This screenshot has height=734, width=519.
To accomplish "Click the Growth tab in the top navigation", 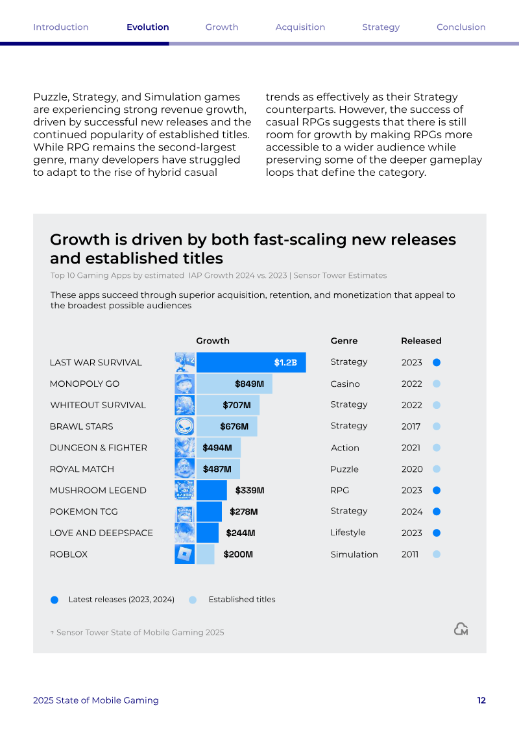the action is pos(222,27).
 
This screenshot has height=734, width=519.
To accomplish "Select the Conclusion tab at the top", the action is pos(461,27).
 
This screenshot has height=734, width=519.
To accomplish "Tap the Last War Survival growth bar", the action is pos(251,362).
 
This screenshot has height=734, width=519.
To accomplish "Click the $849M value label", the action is pos(249,384).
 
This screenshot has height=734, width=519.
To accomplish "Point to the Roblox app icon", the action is pos(184,554).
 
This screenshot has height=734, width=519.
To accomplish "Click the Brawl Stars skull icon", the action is pos(184,426).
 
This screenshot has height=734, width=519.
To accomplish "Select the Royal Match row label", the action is pos(82,469).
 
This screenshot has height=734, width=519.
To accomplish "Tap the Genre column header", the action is pos(344,341).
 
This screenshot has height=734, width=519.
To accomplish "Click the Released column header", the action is pos(421,341).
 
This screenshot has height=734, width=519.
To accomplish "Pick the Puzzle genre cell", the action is pos(344,469).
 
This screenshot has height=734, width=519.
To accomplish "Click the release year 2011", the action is pos(410,554).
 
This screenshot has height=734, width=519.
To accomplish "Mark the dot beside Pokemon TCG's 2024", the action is pos(437,511).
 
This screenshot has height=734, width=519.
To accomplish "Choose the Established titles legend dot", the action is pos(192,600).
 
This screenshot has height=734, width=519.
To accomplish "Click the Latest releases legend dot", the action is pos(54,600).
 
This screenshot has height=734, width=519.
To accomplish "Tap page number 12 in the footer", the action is pos(481,700).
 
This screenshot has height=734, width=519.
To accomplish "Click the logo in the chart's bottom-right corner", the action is pos(461,629).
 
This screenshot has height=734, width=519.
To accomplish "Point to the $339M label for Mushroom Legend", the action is pos(250,490).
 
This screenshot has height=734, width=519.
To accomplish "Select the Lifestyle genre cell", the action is pos(348,533).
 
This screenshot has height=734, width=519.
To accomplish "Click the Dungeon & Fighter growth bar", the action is pos(219,448).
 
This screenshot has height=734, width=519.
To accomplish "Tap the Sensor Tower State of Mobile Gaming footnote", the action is pos(137,632).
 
